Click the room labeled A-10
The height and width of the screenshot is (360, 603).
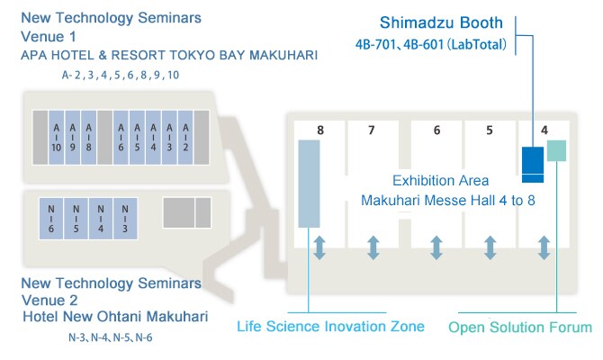point(57,136)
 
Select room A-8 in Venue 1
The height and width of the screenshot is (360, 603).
point(89,136)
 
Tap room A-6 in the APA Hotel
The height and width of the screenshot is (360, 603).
point(121,136)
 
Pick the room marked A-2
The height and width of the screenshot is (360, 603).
point(185,136)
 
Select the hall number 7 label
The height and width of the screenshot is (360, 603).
point(372,130)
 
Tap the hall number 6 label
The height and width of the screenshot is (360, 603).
point(436,130)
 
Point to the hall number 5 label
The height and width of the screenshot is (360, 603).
point(490,130)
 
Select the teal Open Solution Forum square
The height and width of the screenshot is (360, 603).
point(557,150)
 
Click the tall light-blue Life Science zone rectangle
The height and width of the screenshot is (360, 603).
point(310,184)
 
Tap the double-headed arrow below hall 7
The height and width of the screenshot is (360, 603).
point(373,247)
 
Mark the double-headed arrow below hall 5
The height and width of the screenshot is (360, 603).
point(490,247)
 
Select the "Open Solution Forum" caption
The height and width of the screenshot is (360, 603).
point(520,327)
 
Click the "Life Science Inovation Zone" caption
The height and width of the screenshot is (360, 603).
point(330,325)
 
